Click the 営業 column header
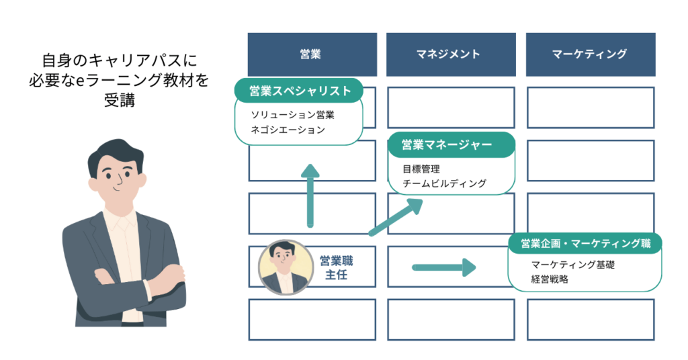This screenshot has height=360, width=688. point(310,54)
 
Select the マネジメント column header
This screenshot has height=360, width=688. point(450,54)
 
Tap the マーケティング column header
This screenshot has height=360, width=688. point(589,54)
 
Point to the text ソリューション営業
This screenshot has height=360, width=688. point(292,115)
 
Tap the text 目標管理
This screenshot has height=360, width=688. point(421,168)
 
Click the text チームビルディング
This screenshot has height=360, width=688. point(443,183)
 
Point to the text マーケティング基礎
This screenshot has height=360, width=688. point(572,265)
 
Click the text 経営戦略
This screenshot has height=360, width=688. point(549,279)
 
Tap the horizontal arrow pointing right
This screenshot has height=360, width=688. point(443,267)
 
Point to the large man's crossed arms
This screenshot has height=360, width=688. point(131,282)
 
